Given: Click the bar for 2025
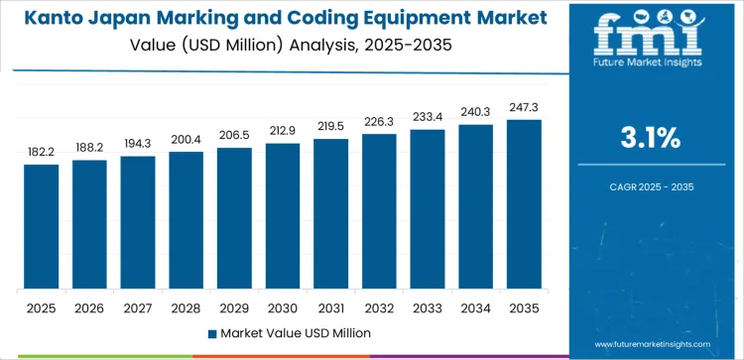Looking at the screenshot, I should pyautogui.click(x=42, y=227).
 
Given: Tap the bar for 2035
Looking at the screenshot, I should pyautogui.click(x=524, y=204).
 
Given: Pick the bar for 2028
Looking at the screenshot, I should pyautogui.click(x=186, y=220).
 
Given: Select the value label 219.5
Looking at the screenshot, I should pyautogui.click(x=330, y=128).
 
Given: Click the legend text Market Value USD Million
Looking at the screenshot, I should pyautogui.click(x=297, y=333).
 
